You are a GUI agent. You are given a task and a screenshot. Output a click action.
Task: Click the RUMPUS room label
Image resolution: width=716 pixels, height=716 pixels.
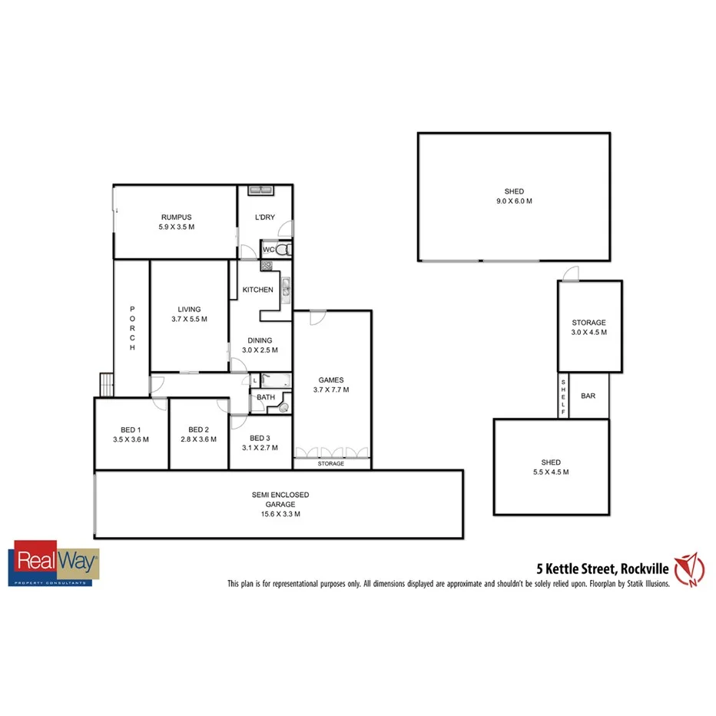[176, 217]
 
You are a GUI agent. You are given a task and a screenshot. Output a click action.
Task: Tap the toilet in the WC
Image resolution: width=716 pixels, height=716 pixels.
[283, 250]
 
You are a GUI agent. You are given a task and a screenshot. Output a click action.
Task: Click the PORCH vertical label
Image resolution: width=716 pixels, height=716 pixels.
[132, 328]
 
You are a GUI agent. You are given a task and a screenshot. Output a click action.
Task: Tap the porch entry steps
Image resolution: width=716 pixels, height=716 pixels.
[104, 384]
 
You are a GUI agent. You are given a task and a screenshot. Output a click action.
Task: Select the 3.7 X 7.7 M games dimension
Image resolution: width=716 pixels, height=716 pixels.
[331, 389]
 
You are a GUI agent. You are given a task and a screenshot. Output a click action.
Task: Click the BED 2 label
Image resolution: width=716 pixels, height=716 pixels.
[198, 429]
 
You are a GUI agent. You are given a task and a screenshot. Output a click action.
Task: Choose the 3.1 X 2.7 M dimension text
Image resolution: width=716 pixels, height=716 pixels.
[260, 447]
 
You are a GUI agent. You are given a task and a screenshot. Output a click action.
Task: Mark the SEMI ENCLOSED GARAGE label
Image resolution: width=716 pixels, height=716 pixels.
[280, 495]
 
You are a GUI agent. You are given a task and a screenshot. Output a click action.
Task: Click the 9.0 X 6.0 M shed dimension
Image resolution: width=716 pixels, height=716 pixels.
[514, 201]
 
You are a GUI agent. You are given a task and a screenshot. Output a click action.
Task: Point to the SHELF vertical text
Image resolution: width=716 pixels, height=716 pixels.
[563, 397]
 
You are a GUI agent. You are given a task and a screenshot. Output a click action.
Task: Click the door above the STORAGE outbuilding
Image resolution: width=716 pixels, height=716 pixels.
[569, 273]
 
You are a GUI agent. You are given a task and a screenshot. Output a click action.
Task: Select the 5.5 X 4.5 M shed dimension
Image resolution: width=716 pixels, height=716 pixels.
[550, 472]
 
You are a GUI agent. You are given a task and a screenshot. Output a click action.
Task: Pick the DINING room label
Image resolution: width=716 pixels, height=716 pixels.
[259, 340]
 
